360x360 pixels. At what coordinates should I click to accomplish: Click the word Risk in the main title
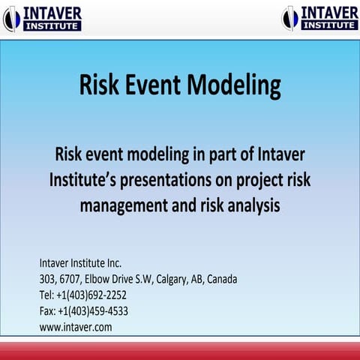[98, 85]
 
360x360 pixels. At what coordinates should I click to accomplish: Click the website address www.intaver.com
[76, 327]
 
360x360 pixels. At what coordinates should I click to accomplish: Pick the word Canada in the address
[222, 279]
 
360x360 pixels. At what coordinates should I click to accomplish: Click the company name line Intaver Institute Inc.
[80, 263]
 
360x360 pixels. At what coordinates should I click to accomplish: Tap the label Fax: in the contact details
[47, 310]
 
